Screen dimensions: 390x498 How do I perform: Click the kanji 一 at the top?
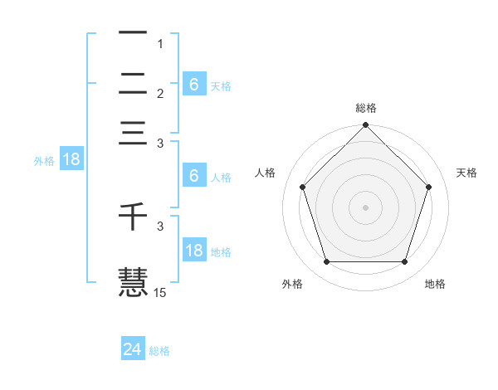point(133,34)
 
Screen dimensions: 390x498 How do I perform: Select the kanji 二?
point(133,83)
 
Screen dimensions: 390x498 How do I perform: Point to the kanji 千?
point(133,217)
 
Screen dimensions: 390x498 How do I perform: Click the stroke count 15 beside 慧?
point(160,292)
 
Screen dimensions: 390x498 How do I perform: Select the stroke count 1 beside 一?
point(161,43)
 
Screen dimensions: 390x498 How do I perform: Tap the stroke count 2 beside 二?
point(161,93)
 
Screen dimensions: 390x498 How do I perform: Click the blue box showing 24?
point(132,349)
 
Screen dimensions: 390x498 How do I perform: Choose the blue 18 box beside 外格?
point(71,160)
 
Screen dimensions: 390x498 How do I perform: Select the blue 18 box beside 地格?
point(193,251)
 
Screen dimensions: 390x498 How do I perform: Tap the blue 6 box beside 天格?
point(193,84)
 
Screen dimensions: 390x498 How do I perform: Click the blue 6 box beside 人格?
point(193,176)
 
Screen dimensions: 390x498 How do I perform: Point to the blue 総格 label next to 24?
point(159,351)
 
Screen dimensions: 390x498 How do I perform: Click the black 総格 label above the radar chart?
point(366,108)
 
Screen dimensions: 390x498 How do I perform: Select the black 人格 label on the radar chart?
point(266,173)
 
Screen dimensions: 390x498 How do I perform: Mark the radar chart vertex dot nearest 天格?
point(429,187)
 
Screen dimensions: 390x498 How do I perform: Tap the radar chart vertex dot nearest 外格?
point(326,262)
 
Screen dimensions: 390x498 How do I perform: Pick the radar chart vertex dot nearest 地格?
point(405,262)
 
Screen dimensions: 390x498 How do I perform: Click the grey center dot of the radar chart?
point(365,207)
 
